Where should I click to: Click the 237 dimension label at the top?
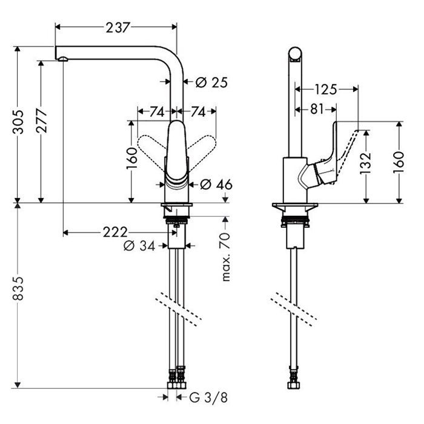(x=118, y=28)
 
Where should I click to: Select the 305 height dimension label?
(x=18, y=122)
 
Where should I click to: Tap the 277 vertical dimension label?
(x=42, y=121)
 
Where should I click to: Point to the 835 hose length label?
(x=18, y=288)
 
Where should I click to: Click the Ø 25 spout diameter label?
(x=211, y=82)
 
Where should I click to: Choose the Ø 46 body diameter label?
(x=216, y=185)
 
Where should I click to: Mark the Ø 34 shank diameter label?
(x=139, y=246)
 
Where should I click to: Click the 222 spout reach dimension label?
(x=115, y=232)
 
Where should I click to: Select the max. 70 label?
(x=226, y=257)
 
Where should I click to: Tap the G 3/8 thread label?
(x=208, y=397)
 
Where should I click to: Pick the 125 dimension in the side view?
(x=326, y=90)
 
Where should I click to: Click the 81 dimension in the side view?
(x=317, y=109)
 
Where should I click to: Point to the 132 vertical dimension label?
(x=366, y=164)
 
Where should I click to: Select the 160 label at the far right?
(x=399, y=162)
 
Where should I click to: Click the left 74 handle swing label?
(x=157, y=111)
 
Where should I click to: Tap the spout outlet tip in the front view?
(x=62, y=59)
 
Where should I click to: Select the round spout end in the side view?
(x=294, y=53)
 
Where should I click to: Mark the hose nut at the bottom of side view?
(x=294, y=385)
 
